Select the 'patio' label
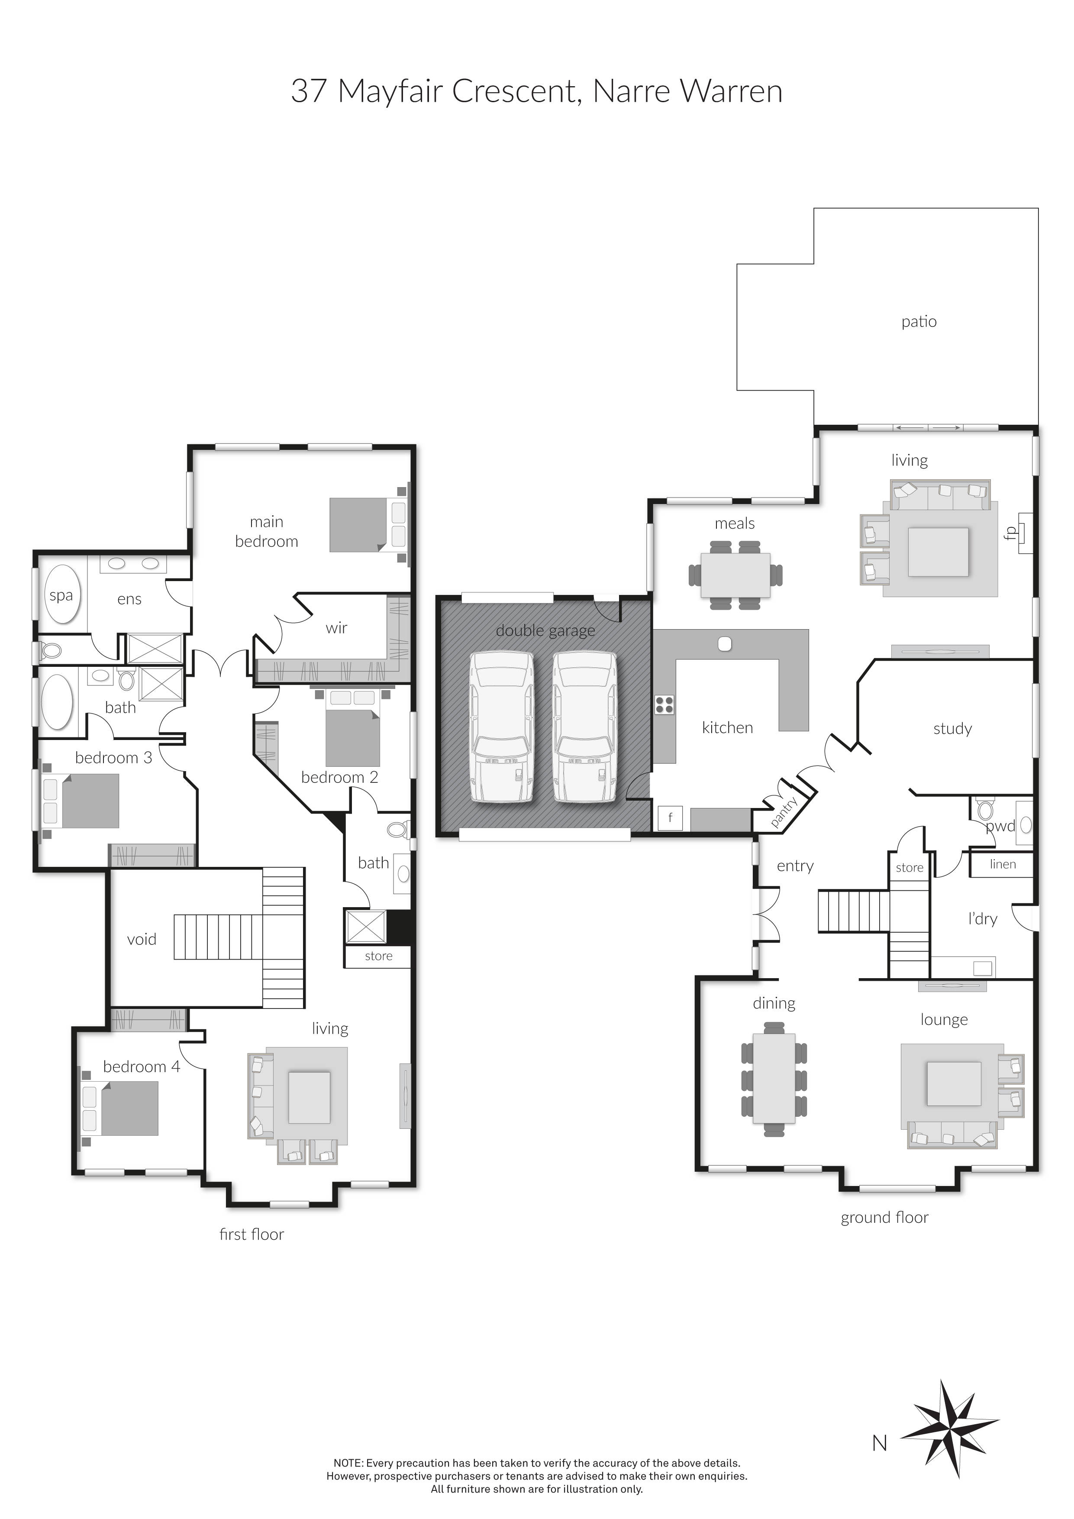[919, 322]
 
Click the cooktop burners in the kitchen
[664, 705]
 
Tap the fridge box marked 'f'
[670, 818]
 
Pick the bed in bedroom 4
[120, 1108]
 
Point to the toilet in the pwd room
[985, 809]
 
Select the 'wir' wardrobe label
[337, 628]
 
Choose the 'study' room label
[952, 729]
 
